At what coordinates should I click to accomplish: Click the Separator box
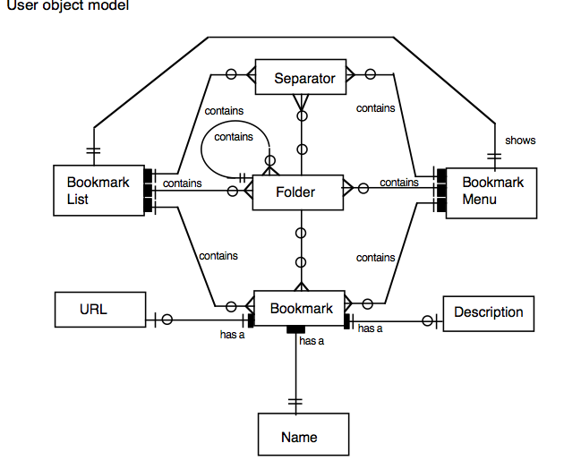tap(304, 78)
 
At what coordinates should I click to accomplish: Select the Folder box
tap(296, 192)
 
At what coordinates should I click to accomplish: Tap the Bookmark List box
tap(98, 190)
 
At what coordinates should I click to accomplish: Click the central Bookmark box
tap(301, 309)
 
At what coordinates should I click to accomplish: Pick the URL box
tap(93, 310)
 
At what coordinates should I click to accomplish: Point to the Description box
tap(488, 312)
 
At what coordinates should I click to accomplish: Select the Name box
tap(299, 437)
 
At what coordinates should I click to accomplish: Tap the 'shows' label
tap(520, 141)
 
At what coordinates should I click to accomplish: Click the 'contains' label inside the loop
tap(233, 137)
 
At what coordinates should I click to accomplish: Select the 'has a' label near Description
tap(370, 329)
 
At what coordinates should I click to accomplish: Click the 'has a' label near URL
tap(232, 335)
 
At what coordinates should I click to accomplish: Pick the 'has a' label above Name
tap(311, 341)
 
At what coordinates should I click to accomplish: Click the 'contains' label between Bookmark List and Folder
tap(182, 183)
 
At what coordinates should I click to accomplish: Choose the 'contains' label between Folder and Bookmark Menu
tap(398, 183)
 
